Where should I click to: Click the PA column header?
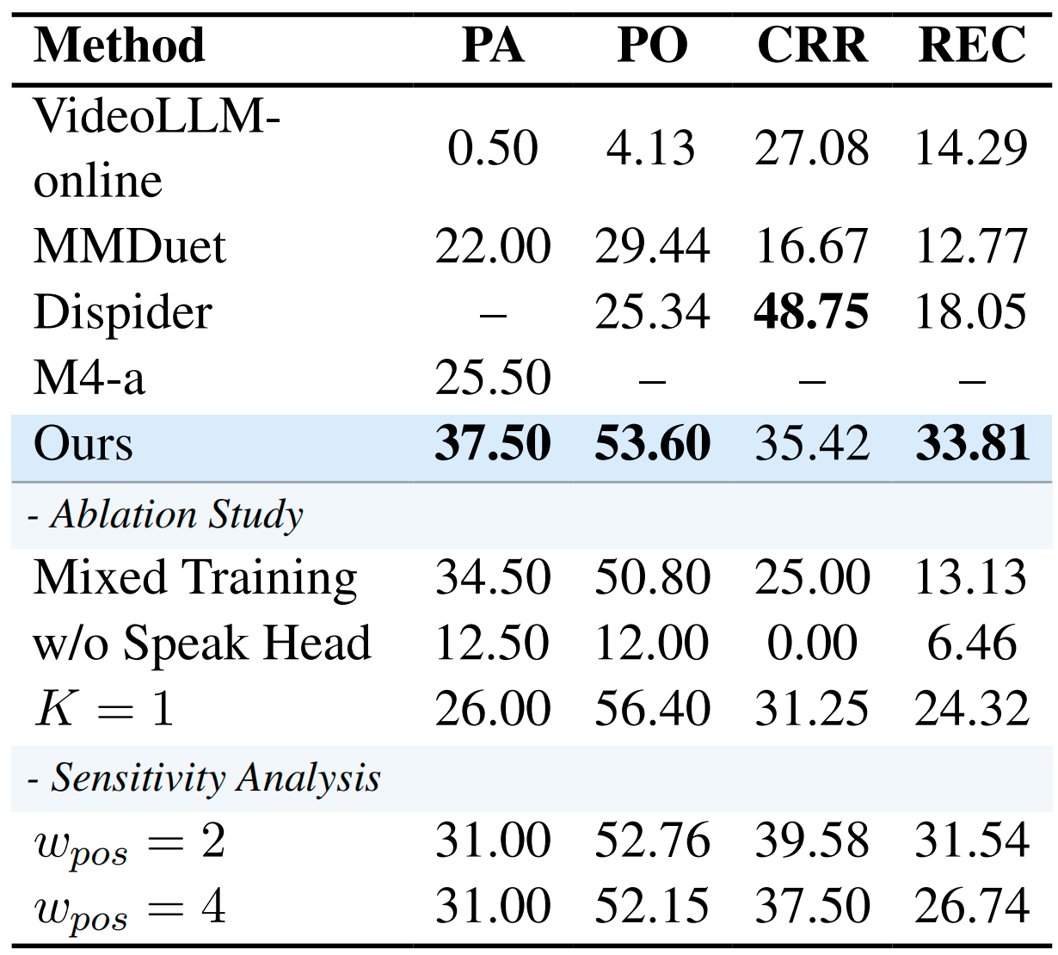click(x=493, y=46)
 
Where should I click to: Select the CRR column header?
click(x=812, y=46)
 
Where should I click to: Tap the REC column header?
click(x=972, y=46)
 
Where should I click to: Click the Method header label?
click(x=120, y=46)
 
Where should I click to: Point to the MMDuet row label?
click(x=129, y=247)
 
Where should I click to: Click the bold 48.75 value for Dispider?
click(x=812, y=312)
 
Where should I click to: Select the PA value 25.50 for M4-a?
click(x=493, y=378)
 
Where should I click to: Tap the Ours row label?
click(x=83, y=444)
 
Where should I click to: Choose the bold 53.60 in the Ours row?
click(x=652, y=444)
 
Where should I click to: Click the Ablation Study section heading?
click(x=176, y=515)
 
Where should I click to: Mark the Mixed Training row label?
click(x=195, y=577)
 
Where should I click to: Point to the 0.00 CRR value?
click(x=812, y=644)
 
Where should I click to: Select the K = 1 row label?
click(x=104, y=710)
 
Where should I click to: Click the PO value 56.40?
click(x=652, y=710)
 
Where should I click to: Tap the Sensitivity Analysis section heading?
click(x=215, y=778)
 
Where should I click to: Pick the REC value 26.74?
click(x=972, y=906)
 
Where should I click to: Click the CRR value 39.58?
click(x=812, y=841)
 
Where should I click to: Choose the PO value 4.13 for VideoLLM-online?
click(x=651, y=148)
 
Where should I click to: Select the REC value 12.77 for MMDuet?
click(x=972, y=247)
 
